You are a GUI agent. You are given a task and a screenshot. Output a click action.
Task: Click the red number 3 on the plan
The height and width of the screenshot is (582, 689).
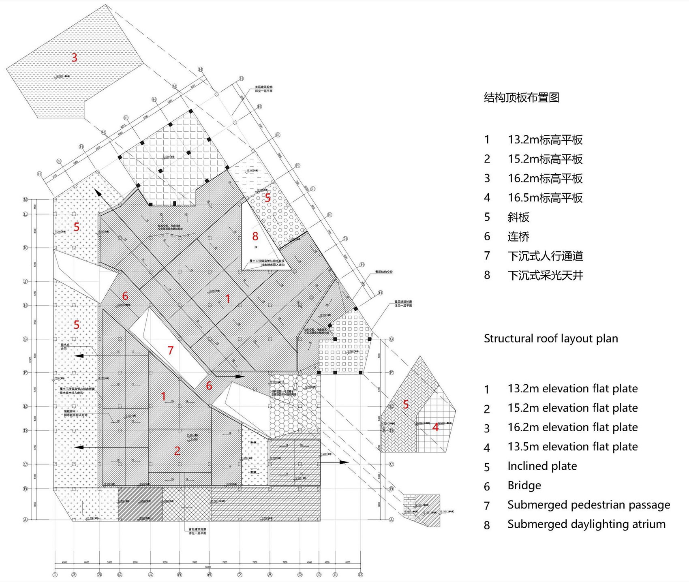pyautogui.click(x=74, y=58)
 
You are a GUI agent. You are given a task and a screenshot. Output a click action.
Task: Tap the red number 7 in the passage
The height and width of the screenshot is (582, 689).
pyautogui.click(x=171, y=350)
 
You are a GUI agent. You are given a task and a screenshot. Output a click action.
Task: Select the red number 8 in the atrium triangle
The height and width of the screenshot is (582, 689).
pyautogui.click(x=255, y=236)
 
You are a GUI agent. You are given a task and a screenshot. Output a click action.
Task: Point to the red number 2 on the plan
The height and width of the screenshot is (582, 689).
pyautogui.click(x=177, y=451)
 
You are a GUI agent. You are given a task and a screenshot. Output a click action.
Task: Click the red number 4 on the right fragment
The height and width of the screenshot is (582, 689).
pyautogui.click(x=435, y=427)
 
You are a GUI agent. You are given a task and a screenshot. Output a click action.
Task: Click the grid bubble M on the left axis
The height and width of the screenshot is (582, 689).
pyautogui.click(x=25, y=199)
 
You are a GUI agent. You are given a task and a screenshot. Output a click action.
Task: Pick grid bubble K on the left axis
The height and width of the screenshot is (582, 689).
pyautogui.click(x=25, y=247)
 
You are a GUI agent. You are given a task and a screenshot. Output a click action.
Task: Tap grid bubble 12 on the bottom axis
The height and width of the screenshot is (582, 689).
pyautogui.click(x=360, y=574)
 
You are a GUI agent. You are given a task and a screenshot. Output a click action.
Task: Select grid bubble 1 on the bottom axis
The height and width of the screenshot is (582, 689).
pyautogui.click(x=55, y=574)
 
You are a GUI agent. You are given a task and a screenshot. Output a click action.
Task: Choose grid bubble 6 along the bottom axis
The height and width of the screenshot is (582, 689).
pyautogui.click(x=210, y=574)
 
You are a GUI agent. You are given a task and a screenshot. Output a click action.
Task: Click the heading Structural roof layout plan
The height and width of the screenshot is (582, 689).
pyautogui.click(x=551, y=338)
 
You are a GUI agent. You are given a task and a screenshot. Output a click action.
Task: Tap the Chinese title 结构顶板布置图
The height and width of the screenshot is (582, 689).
pyautogui.click(x=521, y=98)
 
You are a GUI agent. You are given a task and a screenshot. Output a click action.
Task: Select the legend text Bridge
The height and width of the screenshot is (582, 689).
pyautogui.click(x=524, y=485)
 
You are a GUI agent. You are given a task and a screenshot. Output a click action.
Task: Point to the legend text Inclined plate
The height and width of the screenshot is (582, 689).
pyautogui.click(x=542, y=466)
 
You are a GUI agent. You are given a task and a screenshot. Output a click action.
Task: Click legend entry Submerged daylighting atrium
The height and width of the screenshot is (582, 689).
pyautogui.click(x=586, y=524)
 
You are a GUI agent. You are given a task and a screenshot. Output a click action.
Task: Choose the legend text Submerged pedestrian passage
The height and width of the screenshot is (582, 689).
pyautogui.click(x=588, y=505)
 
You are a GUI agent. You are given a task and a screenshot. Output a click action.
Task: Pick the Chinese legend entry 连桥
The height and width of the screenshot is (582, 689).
pyautogui.click(x=518, y=236)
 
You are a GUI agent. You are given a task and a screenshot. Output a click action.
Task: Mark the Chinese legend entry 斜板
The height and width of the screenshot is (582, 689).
pyautogui.click(x=518, y=217)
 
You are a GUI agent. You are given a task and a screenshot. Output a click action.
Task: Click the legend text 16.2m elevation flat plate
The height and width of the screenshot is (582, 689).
pyautogui.click(x=572, y=427)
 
